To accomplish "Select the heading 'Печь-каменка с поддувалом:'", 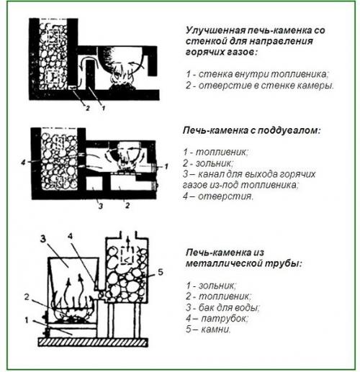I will (x=251, y=132).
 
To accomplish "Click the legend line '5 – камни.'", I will (x=208, y=330).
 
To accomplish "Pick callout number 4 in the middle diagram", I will (x=24, y=163).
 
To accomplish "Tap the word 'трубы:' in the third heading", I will (x=286, y=263).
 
